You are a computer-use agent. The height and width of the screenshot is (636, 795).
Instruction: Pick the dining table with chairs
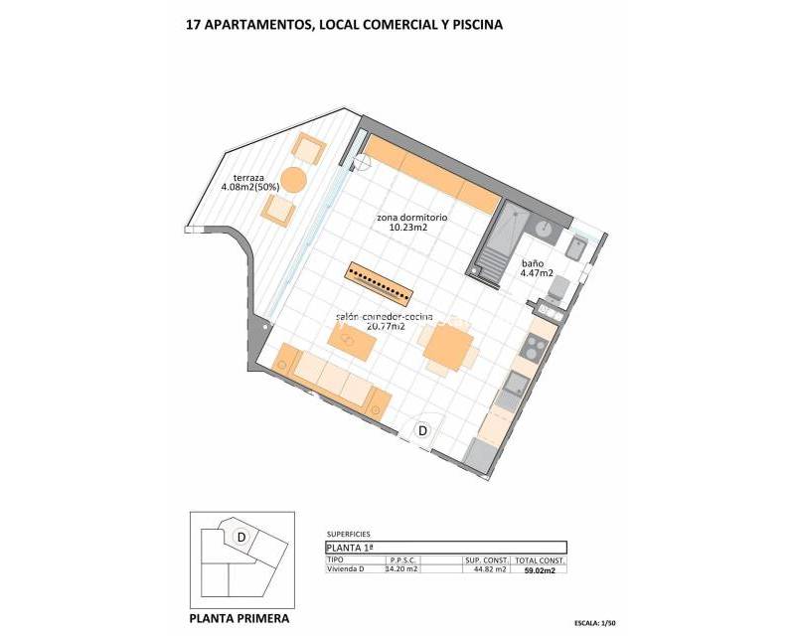pyautogui.click(x=446, y=347)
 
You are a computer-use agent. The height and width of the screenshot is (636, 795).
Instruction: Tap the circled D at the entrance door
pyautogui.click(x=422, y=431)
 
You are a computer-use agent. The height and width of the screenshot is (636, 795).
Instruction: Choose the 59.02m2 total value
pyautogui.click(x=541, y=570)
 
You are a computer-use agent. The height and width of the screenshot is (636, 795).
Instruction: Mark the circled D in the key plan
pyautogui.click(x=240, y=537)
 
